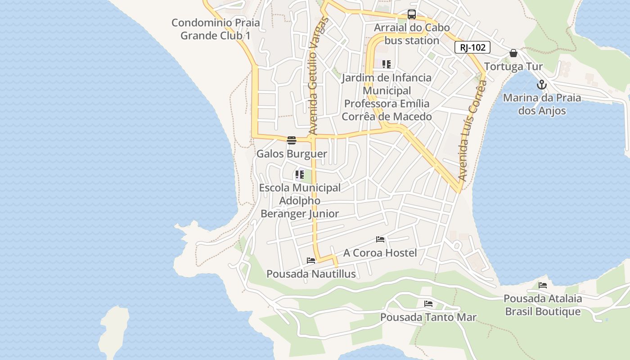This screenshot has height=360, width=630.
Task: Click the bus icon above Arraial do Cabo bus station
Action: pyautogui.click(x=411, y=14)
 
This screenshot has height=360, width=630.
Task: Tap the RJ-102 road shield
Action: pyautogui.click(x=472, y=47)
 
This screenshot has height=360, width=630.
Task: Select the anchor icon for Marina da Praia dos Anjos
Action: pyautogui.click(x=542, y=85)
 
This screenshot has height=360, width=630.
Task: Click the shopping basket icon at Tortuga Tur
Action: pyautogui.click(x=513, y=53)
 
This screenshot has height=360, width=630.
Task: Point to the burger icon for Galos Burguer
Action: pyautogui.click(x=292, y=140)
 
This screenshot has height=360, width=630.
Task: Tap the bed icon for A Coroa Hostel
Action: pyautogui.click(x=380, y=239)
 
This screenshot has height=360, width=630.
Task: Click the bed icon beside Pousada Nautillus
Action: pyautogui.click(x=310, y=260)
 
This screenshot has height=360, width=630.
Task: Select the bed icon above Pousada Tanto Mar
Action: pyautogui.click(x=428, y=304)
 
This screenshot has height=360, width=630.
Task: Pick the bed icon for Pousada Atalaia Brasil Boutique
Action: pyautogui.click(x=543, y=285)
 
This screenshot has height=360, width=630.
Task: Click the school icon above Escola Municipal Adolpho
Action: pyautogui.click(x=299, y=175)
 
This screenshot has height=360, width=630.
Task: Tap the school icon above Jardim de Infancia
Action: pyautogui.click(x=387, y=64)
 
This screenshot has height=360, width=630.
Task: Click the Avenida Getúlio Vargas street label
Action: pyautogui.click(x=318, y=76)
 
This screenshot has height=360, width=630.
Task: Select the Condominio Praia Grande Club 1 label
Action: pyautogui.click(x=216, y=29)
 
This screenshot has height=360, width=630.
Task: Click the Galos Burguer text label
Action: pyautogui.click(x=292, y=154)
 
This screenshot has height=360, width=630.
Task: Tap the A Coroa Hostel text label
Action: pyautogui.click(x=380, y=253)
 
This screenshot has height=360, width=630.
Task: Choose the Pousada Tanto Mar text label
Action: pyautogui.click(x=428, y=317)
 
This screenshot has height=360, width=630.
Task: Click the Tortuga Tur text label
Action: pyautogui.click(x=513, y=67)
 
